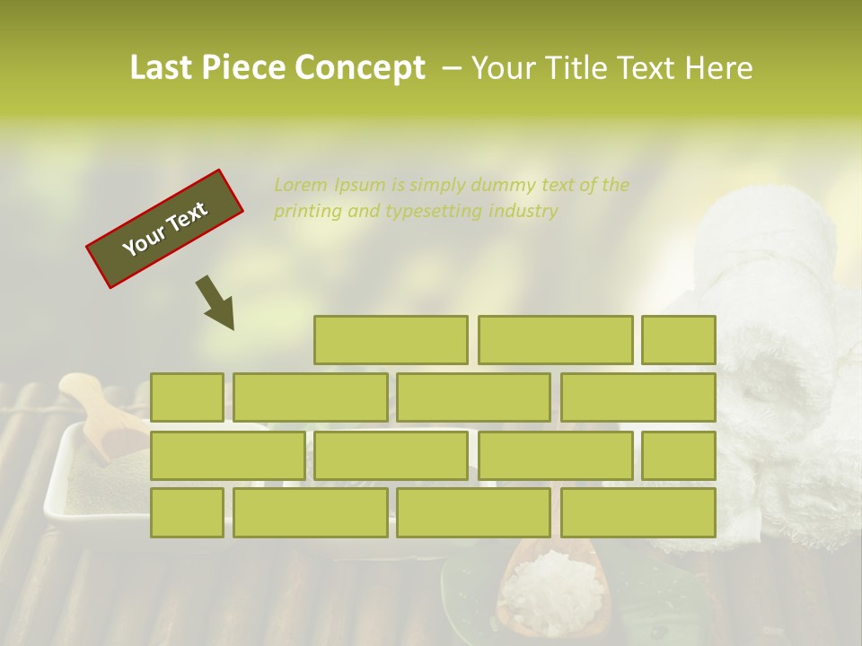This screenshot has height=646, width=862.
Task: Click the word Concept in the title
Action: pos(359,68)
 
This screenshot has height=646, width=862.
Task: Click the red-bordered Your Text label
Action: pos(165,228)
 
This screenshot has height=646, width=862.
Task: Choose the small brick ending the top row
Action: pos(678,340)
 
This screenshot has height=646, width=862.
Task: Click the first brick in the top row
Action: pos(391,340)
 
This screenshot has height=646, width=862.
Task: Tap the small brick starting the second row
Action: pos(187,397)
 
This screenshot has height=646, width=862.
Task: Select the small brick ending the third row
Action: pos(678,455)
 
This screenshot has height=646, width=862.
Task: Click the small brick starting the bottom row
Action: pos(187,512)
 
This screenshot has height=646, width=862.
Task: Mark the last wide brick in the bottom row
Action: pos(638,512)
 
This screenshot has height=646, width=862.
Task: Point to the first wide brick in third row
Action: pos(227,455)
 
